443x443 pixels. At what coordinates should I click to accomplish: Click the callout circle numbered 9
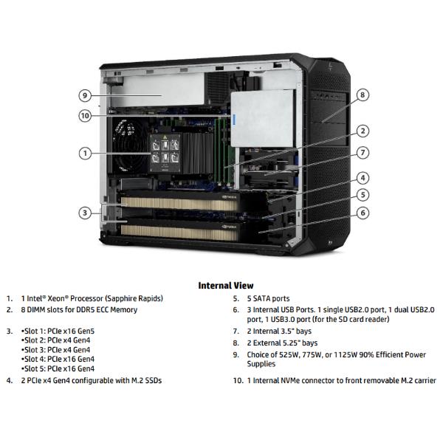coord(86,95)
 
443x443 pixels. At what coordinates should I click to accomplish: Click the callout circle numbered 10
coord(86,115)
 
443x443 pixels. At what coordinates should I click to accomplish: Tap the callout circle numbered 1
coord(86,154)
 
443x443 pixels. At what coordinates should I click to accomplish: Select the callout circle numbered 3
coord(86,213)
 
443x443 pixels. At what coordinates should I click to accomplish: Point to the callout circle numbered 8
coord(363,95)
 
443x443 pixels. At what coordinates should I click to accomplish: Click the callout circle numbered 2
coord(363,131)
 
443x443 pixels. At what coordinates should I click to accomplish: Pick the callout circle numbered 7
coord(363,153)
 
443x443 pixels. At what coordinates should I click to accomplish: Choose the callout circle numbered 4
coord(363,178)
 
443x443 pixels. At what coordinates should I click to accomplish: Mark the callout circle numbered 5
coord(363,195)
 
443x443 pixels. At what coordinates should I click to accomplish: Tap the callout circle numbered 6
coord(363,213)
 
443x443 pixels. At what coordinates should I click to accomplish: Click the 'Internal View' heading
coord(225,285)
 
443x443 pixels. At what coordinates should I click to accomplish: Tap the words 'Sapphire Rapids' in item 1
coord(132,298)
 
